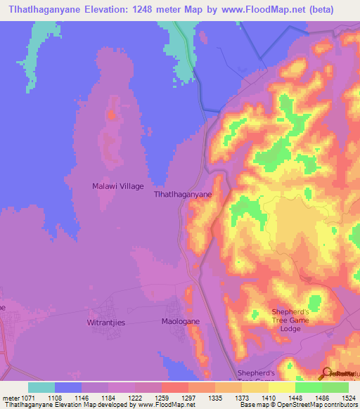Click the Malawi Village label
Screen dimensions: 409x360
(x=118, y=186)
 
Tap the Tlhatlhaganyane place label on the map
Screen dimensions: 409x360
(x=183, y=199)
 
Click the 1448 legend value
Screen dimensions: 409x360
(x=295, y=397)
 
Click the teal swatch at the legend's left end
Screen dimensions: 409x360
(x=41, y=387)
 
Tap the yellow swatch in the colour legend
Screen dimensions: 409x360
(x=282, y=387)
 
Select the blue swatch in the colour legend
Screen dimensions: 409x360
(x=68, y=387)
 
